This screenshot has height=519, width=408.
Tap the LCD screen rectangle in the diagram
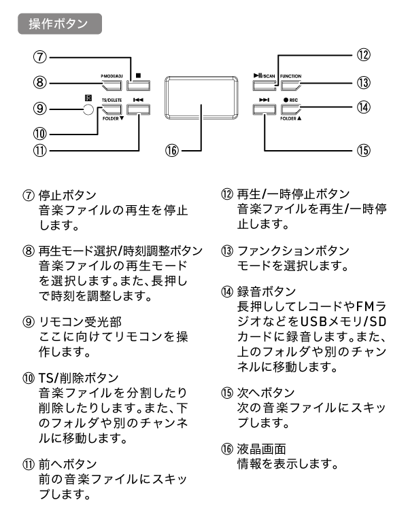coord(201,101)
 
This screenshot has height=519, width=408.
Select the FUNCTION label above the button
coord(290,76)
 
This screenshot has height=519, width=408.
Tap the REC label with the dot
coord(290,99)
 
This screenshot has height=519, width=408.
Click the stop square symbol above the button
coord(137,76)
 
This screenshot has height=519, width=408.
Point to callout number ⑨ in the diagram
coord(40,107)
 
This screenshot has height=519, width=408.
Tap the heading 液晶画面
coord(259,448)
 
